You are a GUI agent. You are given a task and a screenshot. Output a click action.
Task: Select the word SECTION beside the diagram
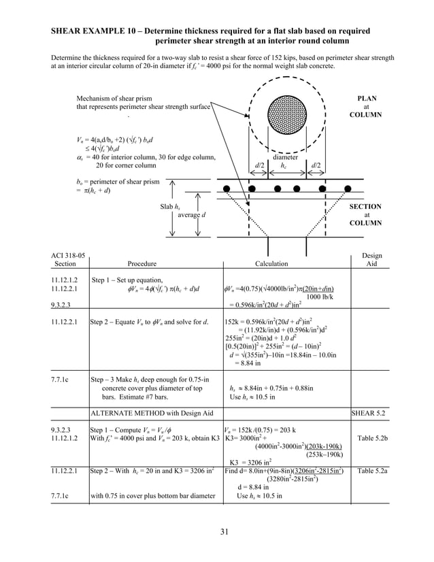(x=365, y=206)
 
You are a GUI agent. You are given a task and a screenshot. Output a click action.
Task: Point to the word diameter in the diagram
(x=286, y=156)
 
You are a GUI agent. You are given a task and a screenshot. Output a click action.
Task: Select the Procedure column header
(x=141, y=264)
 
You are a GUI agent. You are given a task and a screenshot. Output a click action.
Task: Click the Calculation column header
(x=271, y=264)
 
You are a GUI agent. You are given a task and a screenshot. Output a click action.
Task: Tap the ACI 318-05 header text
(x=66, y=256)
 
